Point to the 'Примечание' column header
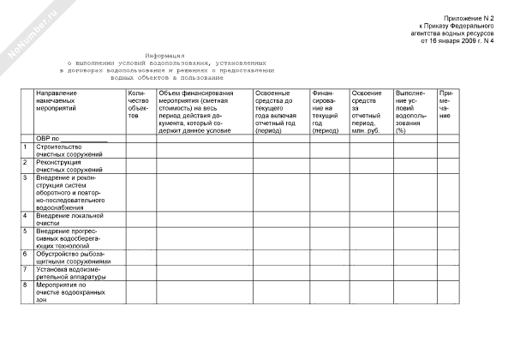tap(445, 104)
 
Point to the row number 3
tap(26, 178)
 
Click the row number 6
tap(26, 255)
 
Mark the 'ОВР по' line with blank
tap(72, 137)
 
